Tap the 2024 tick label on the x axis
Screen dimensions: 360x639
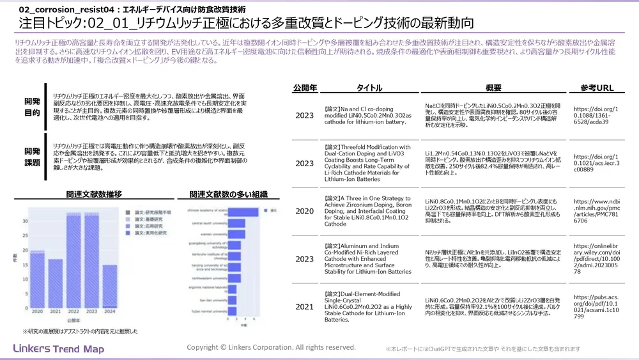(109, 311)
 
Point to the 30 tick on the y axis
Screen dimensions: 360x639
(24, 222)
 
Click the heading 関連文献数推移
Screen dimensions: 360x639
(94, 193)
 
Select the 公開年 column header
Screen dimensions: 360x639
(304, 88)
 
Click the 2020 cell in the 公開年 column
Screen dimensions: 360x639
(304, 210)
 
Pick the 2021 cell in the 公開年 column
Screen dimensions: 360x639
(304, 307)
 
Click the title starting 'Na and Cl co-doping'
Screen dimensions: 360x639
(365, 115)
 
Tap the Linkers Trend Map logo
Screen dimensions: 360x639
(58, 348)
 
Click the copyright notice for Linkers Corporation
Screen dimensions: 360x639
(271, 347)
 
